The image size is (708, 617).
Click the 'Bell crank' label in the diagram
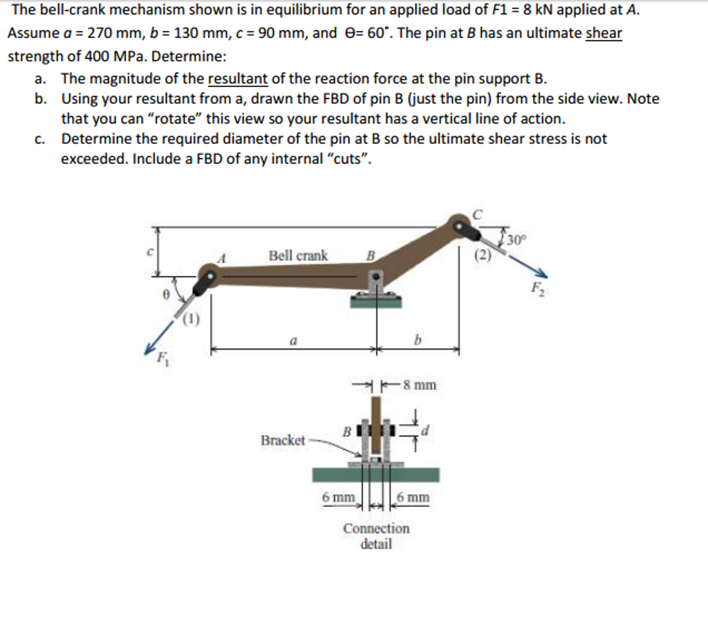(x=298, y=255)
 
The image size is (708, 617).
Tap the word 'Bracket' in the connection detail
(x=282, y=440)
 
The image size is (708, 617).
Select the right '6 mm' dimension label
(x=413, y=497)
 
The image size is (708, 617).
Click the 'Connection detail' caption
(x=376, y=535)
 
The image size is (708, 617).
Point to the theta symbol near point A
(x=164, y=293)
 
